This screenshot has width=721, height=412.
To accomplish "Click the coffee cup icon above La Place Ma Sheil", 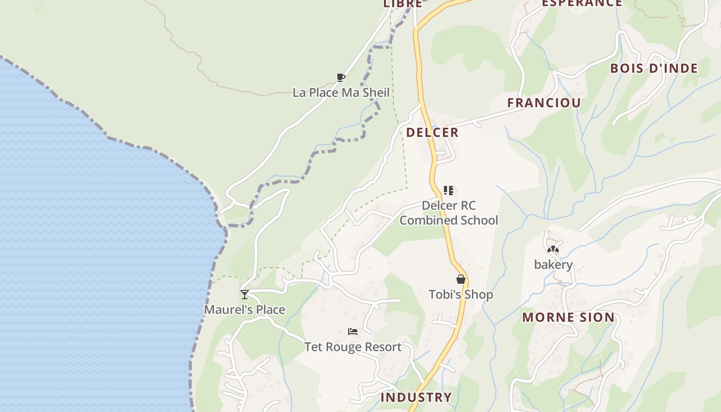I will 340,78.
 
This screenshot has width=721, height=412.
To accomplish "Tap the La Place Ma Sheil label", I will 341,93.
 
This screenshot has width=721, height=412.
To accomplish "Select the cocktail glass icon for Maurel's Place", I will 245,295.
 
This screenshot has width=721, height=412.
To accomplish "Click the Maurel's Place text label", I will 245,310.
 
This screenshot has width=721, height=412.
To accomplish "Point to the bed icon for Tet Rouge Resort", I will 353,332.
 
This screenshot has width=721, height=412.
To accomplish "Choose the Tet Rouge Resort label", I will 353,347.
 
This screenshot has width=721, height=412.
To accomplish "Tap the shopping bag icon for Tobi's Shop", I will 461,279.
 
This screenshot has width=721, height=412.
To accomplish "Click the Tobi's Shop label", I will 461,295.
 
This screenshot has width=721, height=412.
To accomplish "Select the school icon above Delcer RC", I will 449,191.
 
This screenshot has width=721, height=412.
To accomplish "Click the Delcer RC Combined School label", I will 449,213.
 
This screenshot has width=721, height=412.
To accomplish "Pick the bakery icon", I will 553,250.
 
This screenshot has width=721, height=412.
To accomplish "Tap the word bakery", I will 553,265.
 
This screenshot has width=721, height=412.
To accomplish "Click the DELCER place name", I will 432,132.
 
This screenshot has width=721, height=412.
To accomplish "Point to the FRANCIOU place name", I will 544,102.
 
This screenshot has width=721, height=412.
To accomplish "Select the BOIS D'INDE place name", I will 654,68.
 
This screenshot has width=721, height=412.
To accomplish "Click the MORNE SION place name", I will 569,317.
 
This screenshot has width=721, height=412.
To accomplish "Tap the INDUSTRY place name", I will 416,397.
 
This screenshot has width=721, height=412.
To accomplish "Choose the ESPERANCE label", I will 582,3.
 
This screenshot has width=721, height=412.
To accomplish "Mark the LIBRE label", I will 403,4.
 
